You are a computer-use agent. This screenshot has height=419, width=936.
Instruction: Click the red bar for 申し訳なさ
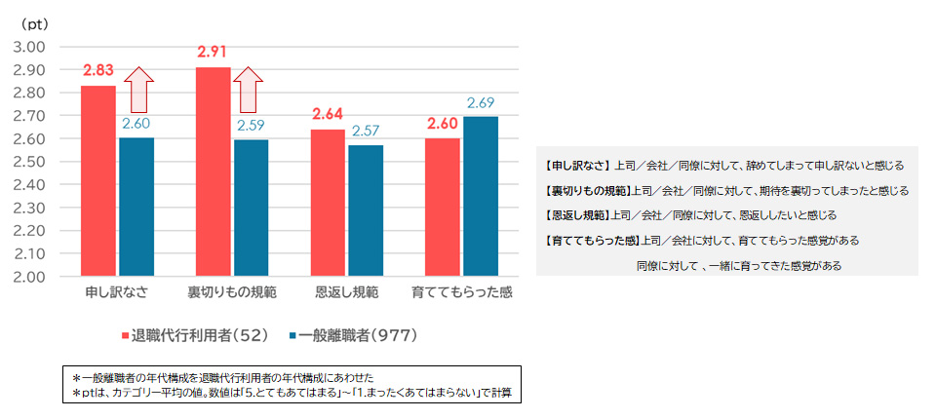coord(97,180)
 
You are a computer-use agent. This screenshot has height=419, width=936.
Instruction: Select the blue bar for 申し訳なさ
coord(136,207)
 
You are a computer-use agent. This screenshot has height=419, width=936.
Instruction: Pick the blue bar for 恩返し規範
coord(366,210)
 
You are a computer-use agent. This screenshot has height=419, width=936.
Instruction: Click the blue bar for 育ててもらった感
coord(481,197)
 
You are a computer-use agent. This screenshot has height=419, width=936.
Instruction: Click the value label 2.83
coord(98,71)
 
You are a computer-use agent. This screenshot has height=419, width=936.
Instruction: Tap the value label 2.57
coord(366,131)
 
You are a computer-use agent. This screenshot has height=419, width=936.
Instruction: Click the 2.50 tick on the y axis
coord(30,162)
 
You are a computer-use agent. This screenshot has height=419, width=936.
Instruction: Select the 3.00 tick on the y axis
coord(30,47)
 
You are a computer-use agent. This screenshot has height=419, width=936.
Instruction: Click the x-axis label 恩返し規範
coord(347,292)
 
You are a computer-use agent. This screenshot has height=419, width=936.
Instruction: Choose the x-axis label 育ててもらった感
coord(461,292)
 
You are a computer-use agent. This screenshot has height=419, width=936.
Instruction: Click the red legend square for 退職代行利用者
coord(125,335)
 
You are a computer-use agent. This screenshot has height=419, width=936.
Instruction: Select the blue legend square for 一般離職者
coord(293,335)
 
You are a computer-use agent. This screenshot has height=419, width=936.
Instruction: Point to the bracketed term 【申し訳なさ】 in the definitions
coord(579,166)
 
